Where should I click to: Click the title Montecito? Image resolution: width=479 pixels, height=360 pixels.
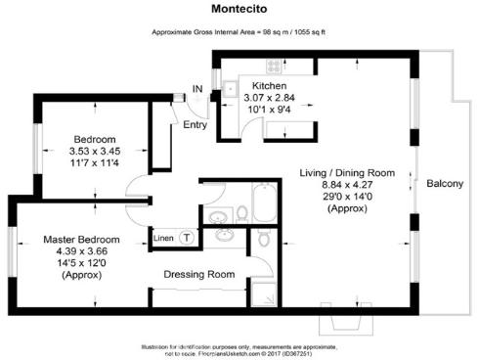pyautogui.click(x=239, y=10)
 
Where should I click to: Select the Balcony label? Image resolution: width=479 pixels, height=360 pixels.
pyautogui.click(x=444, y=184)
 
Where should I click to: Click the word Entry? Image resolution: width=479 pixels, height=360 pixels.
pyautogui.click(x=196, y=124)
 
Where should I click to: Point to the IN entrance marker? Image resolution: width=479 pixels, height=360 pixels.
pyautogui.click(x=196, y=90)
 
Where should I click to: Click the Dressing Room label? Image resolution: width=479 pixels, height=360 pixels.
pyautogui.click(x=198, y=275)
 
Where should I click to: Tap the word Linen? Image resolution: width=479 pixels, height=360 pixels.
pyautogui.click(x=163, y=238)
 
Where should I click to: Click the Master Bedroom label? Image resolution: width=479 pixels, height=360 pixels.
pyautogui.click(x=81, y=240)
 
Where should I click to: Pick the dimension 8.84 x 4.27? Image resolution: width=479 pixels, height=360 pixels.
pyautogui.click(x=347, y=186)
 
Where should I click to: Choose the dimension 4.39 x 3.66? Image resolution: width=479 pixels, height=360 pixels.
pyautogui.click(x=81, y=252)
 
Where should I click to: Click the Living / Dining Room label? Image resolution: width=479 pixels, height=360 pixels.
pyautogui.click(x=347, y=173)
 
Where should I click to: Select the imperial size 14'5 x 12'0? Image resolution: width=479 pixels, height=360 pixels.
pyautogui.click(x=81, y=264)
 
